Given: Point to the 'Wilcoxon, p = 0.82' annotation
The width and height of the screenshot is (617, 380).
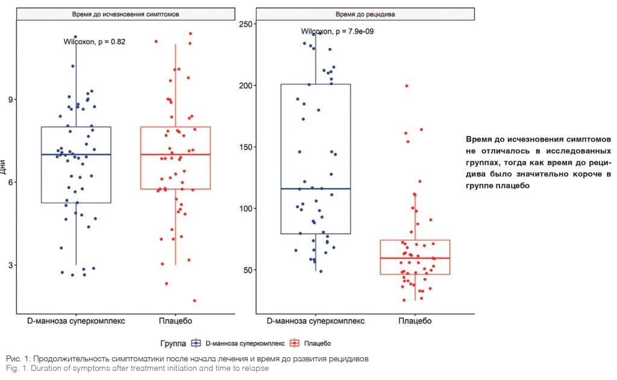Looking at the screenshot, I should pos(94,42).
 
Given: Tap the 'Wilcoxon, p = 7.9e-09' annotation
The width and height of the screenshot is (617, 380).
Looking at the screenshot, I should pos(337,31).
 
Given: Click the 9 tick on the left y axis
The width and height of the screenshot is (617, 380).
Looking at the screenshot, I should pos(10,100).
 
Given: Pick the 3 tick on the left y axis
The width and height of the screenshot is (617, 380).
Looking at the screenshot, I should pos(10,265).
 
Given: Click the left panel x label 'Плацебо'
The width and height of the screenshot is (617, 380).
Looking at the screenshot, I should pos(175,321).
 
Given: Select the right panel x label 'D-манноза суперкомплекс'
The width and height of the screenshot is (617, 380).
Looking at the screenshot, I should pos(315,321).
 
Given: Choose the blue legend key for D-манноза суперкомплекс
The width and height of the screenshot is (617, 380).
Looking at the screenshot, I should pos(195,343).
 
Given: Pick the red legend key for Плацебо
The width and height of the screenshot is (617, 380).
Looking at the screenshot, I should pos(295,343).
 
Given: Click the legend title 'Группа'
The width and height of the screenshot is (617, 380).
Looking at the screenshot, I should pos(173,343).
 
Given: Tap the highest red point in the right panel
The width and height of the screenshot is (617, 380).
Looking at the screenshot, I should pos(407,86).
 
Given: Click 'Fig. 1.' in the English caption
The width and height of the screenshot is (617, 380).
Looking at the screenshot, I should pos(18,369).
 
